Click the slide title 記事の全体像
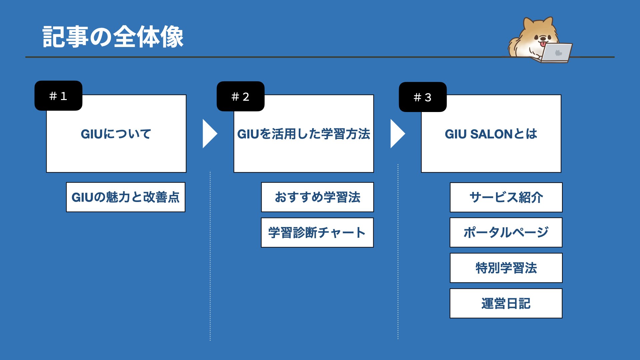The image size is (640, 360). [113, 37]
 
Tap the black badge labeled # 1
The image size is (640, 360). [58, 96]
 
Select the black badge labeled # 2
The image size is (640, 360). [240, 96]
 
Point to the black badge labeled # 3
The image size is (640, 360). [423, 97]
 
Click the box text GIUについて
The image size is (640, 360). [116, 134]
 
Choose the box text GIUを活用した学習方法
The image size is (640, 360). [304, 134]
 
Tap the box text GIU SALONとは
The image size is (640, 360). [491, 134]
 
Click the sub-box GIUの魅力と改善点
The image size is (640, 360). [126, 197]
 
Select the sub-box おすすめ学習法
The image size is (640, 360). [317, 197]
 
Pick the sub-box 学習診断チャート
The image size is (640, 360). [317, 233]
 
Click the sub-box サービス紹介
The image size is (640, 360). [506, 197]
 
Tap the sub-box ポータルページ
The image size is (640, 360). [506, 232]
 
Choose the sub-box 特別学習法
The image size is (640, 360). [506, 268]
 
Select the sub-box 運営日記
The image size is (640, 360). [506, 303]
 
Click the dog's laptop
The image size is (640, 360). [556, 53]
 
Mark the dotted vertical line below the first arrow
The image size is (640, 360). [210, 256]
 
